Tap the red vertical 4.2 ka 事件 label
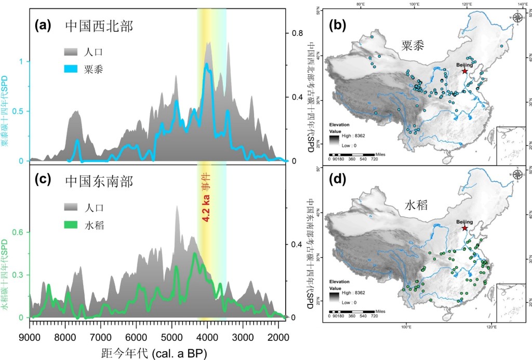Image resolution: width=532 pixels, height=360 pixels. click(x=206, y=197)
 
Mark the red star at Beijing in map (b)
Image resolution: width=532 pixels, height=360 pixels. click(x=464, y=71)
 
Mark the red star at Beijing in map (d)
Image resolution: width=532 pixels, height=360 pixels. click(x=464, y=228)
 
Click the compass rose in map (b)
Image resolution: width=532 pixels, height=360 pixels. click(x=517, y=18)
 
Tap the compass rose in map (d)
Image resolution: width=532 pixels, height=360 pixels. click(x=517, y=174)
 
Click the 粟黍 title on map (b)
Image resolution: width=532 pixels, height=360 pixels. click(x=413, y=45)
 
